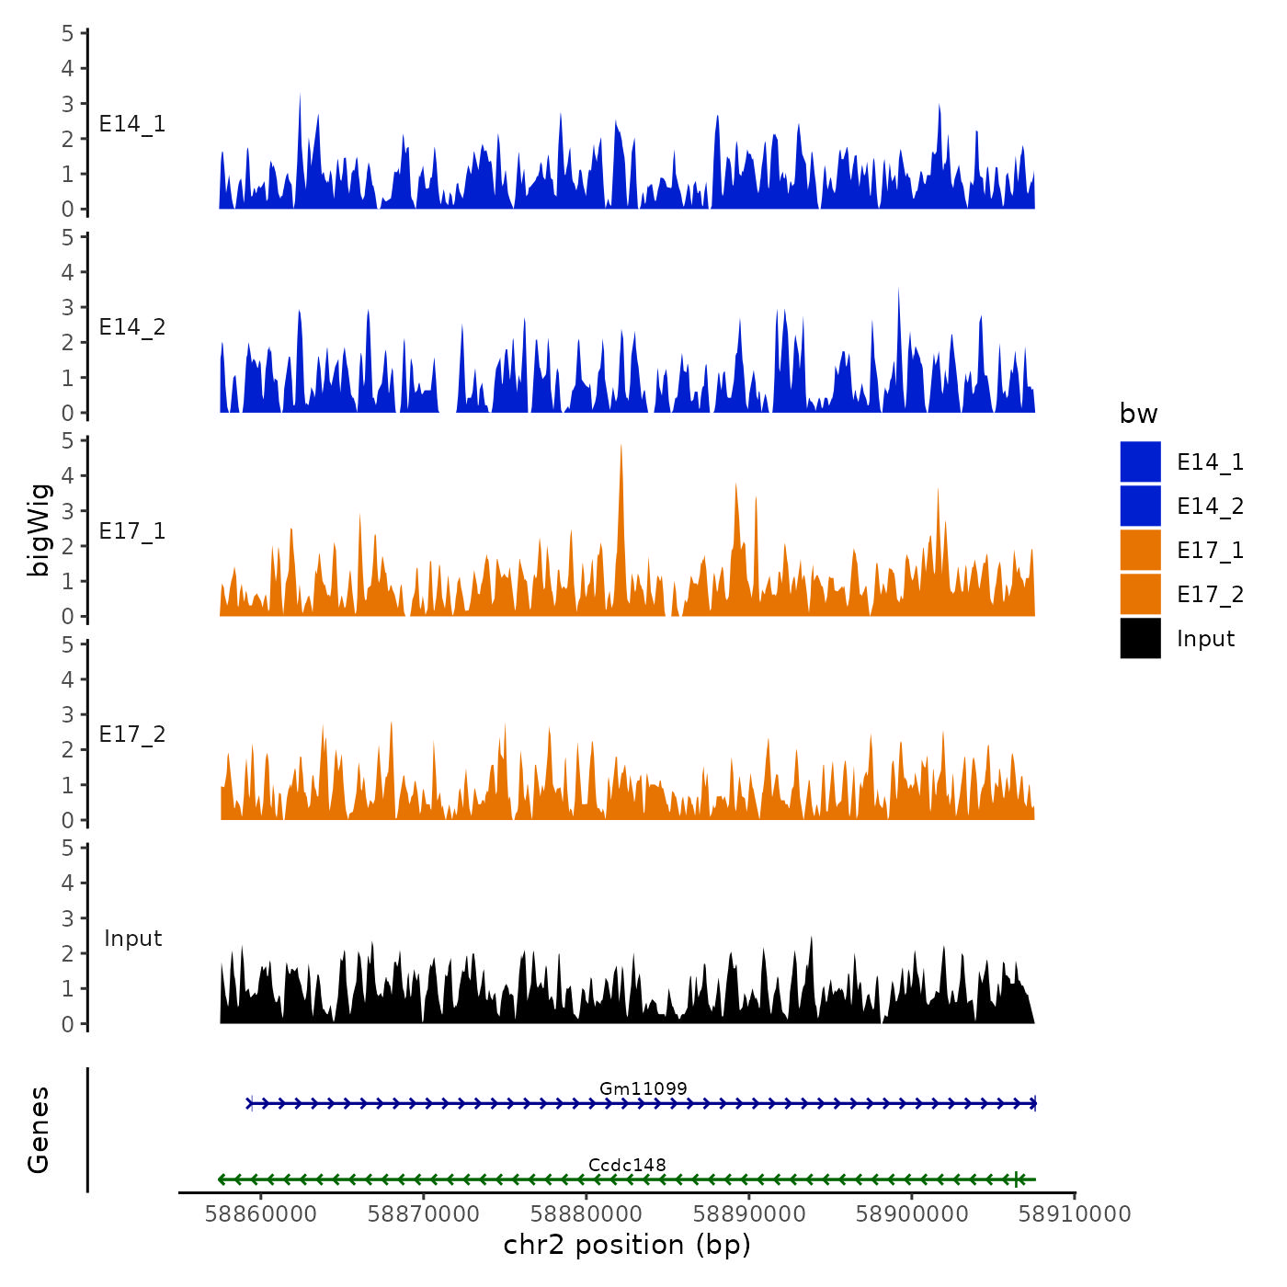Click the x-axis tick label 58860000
pyautogui.click(x=261, y=1214)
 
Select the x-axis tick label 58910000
pyautogui.click(x=1075, y=1214)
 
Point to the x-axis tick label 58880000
pyautogui.click(x=587, y=1214)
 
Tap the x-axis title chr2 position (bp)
pyautogui.click(x=627, y=1246)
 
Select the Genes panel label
pyautogui.click(x=39, y=1130)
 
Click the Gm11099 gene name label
pyautogui.click(x=643, y=1088)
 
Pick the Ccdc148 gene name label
pyautogui.click(x=627, y=1165)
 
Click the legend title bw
pyautogui.click(x=1138, y=414)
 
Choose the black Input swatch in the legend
pyautogui.click(x=1140, y=639)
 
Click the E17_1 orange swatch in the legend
pyautogui.click(x=1140, y=551)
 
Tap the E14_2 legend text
pyautogui.click(x=1210, y=507)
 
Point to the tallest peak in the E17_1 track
pyautogui.click(x=621, y=448)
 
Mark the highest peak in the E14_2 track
pyautogui.click(x=898, y=290)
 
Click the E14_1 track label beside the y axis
pyautogui.click(x=132, y=124)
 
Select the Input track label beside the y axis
pyautogui.click(x=132, y=939)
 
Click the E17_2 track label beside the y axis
pyautogui.click(x=132, y=735)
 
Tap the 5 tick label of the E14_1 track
pyautogui.click(x=68, y=34)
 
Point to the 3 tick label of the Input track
pyautogui.click(x=68, y=918)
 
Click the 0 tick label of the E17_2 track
pyautogui.click(x=68, y=820)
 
